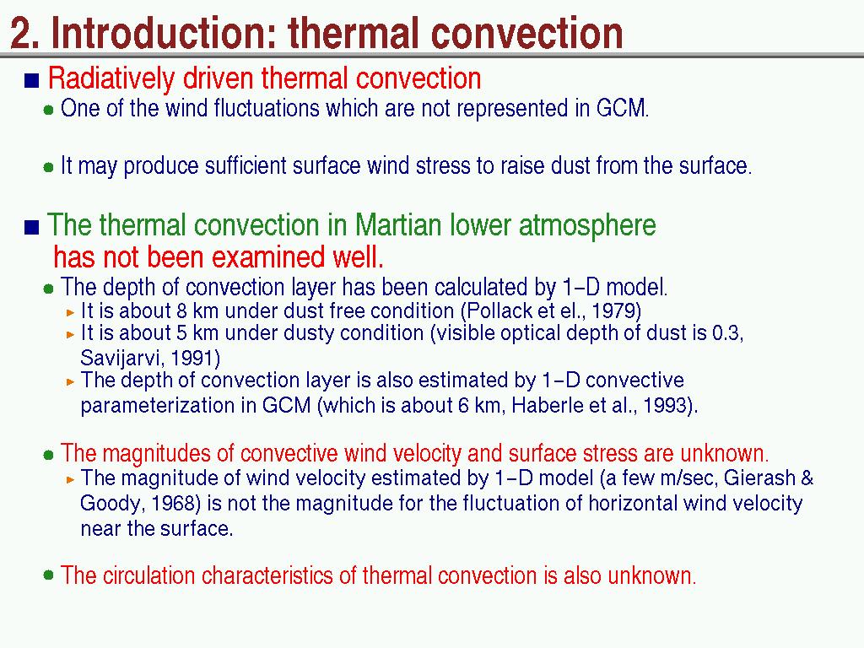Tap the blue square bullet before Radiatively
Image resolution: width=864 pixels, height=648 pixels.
(x=32, y=80)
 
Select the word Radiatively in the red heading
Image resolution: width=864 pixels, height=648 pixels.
(x=111, y=78)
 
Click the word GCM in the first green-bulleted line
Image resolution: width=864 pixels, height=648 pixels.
(x=621, y=108)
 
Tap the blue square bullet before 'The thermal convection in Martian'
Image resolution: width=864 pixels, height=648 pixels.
(x=32, y=227)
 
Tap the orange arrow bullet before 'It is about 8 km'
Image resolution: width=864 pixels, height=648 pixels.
(x=70, y=312)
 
